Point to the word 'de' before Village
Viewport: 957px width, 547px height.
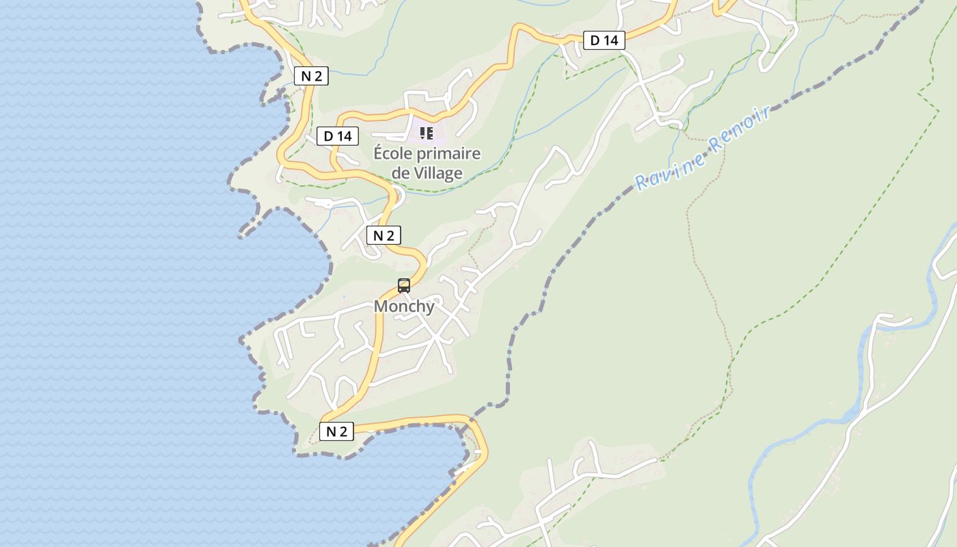coord(401,173)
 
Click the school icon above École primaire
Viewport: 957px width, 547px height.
coord(427,133)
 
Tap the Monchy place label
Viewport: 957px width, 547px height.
coord(404,306)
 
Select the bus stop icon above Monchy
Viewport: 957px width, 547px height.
coord(404,286)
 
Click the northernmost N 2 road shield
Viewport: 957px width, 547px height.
coord(312,77)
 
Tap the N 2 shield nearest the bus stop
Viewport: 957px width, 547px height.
coord(383,236)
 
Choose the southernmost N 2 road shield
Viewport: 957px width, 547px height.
coord(336,431)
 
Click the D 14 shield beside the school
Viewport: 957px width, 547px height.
coord(338,136)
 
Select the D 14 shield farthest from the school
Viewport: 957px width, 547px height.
coord(604,40)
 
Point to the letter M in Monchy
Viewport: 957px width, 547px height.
coord(381,306)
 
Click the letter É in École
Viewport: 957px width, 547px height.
coord(379,154)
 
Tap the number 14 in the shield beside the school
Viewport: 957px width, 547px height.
coord(344,136)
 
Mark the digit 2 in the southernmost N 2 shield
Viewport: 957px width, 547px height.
coord(344,431)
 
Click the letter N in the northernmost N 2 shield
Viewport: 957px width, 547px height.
coord(306,77)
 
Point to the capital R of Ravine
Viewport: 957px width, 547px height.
coord(641,183)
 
